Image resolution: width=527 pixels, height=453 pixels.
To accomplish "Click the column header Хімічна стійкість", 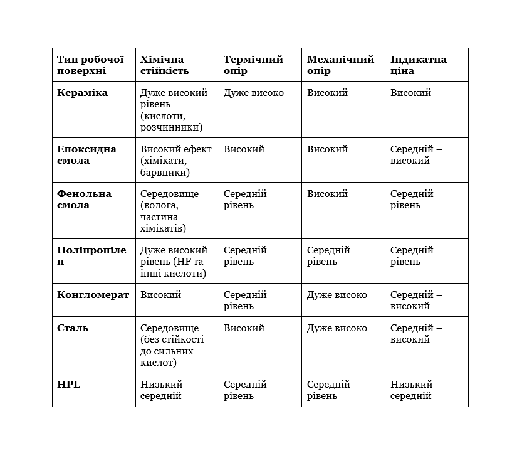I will click(165, 65).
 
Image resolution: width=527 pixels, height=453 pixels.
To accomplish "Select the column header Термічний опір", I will click(253, 65).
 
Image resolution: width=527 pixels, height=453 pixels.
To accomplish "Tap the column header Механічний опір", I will click(340, 65).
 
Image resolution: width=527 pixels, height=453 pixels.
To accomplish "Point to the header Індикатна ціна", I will click(418, 65).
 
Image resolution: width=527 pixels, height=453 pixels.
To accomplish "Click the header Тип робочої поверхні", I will click(86, 65).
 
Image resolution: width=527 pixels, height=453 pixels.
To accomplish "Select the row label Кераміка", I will click(82, 93).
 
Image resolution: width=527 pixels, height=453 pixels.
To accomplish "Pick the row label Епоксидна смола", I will click(86, 155).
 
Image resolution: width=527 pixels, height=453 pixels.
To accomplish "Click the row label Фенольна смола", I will click(84, 200).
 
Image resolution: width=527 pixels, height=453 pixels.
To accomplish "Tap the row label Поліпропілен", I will click(91, 256).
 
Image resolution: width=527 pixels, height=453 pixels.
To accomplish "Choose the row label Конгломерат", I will click(93, 295).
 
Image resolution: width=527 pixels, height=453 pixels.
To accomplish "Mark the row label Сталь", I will click(73, 328).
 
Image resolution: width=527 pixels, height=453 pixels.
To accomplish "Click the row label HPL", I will click(69, 385).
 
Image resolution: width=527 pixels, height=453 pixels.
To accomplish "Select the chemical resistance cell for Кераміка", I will click(174, 110).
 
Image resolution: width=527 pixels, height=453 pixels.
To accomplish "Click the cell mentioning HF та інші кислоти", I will click(174, 262).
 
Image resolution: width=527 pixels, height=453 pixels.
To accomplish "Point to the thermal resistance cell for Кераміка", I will click(254, 93).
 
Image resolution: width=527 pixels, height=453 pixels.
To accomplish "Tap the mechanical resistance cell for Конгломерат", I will click(337, 295).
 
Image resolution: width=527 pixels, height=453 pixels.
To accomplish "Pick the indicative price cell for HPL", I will click(415, 390).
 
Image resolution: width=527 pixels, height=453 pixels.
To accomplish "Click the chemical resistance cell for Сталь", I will click(172, 345).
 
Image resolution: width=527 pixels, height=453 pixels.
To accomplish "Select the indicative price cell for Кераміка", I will click(411, 93).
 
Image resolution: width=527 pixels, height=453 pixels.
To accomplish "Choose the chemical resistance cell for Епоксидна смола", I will click(176, 161).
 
